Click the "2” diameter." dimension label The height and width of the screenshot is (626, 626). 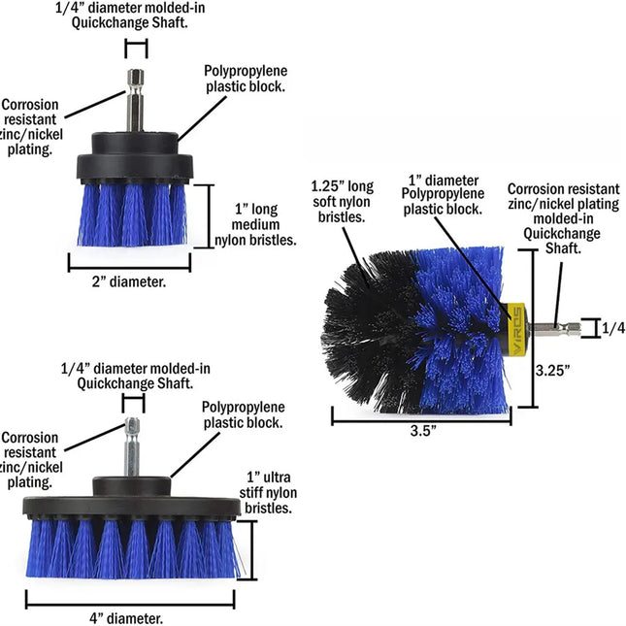click(128, 282)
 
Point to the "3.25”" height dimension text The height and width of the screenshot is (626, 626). click(552, 369)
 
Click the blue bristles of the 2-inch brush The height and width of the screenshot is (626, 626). click(129, 214)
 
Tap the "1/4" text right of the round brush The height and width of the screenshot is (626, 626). click(612, 328)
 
